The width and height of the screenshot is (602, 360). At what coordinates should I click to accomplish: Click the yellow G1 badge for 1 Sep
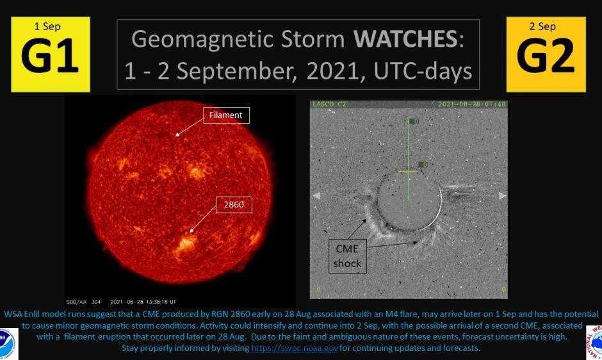tap(50, 54)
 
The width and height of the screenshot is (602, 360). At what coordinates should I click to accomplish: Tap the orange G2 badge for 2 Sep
tap(546, 54)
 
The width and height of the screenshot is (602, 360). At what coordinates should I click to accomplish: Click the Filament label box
tap(225, 115)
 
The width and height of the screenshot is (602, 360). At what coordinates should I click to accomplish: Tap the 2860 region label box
tap(234, 205)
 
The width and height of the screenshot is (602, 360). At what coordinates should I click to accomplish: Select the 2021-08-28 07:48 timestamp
tap(471, 104)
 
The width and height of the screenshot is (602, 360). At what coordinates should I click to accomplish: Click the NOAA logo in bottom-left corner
tap(8, 343)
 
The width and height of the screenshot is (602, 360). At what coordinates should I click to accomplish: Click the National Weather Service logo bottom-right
tap(594, 343)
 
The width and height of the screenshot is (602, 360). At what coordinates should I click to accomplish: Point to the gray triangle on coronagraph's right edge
tap(503, 195)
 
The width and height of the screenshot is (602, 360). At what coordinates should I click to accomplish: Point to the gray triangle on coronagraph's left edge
tap(315, 195)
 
